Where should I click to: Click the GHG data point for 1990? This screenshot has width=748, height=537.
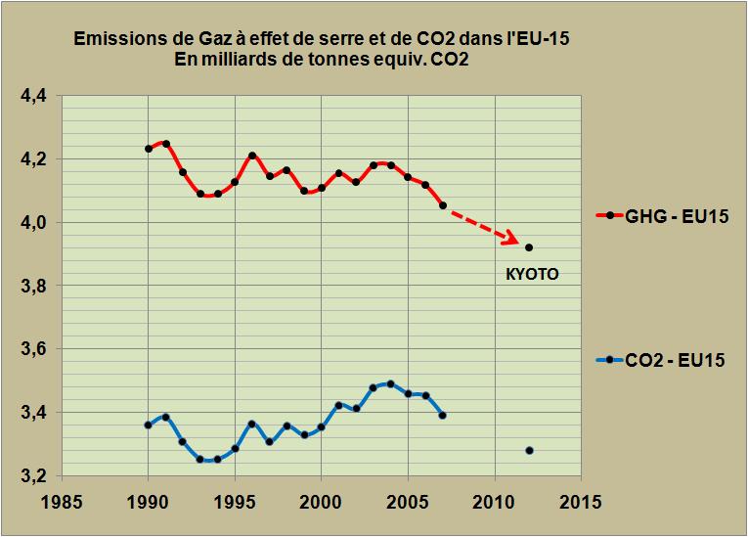click(x=149, y=149)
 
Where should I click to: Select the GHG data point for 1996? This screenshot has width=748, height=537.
click(x=252, y=156)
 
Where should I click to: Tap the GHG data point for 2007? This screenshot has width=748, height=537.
click(x=443, y=205)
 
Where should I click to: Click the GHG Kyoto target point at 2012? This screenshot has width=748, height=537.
click(x=529, y=247)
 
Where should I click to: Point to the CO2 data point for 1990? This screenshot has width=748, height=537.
click(x=149, y=425)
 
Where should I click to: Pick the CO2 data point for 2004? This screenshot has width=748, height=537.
click(x=391, y=383)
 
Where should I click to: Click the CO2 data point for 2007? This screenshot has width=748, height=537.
click(x=443, y=416)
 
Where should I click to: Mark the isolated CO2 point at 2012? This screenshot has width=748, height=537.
click(x=529, y=450)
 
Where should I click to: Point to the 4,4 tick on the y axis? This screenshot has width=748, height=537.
click(x=33, y=96)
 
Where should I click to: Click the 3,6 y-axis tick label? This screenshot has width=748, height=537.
click(x=33, y=349)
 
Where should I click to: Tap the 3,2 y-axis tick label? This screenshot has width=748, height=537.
click(x=33, y=476)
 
